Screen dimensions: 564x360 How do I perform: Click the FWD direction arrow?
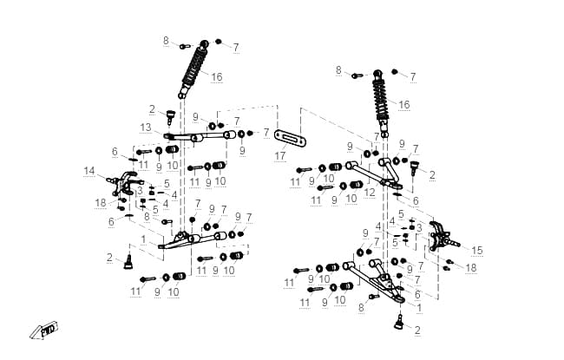coord(44,330)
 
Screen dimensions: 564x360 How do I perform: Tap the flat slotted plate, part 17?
coord(290,138)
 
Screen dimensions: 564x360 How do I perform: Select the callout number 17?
coord(280,156)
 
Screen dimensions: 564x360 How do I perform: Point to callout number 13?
coord(146,128)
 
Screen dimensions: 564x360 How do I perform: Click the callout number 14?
coord(89,171)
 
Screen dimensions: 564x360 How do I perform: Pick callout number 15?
coord(477,251)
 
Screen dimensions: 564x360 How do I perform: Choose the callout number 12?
coord(370,193)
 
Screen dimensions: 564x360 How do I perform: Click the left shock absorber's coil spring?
coord(194,68)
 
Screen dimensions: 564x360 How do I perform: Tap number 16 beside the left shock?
coord(217,77)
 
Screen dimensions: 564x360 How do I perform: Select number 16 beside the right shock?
coord(404,105)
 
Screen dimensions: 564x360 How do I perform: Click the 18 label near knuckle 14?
coord(101,203)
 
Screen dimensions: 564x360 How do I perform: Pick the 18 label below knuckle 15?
coord(471,267)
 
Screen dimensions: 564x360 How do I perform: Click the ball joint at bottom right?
coord(398,322)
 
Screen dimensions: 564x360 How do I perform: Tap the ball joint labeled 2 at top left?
coord(170,117)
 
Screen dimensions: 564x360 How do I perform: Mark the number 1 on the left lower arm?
coord(144,239)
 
